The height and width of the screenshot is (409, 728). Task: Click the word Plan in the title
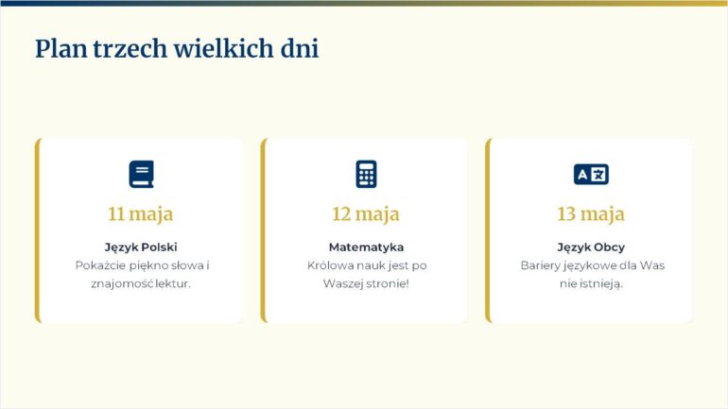(x=61, y=49)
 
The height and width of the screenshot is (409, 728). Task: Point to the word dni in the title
(x=300, y=48)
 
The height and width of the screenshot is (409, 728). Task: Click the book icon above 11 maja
(x=141, y=174)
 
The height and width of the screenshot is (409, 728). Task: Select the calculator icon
(x=366, y=174)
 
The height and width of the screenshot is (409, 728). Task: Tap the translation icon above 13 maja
(x=591, y=174)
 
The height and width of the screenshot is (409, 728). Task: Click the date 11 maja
(x=140, y=213)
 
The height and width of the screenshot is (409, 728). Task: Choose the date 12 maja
(x=365, y=213)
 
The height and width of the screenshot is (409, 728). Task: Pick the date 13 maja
(x=591, y=213)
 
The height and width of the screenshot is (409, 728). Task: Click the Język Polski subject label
(x=141, y=247)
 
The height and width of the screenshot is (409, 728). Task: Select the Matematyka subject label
(x=366, y=247)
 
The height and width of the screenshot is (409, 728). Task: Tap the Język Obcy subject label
(x=591, y=247)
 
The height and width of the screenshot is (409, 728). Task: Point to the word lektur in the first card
(x=172, y=283)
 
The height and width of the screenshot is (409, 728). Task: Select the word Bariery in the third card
(x=540, y=265)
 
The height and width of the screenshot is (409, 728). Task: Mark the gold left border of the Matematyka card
(x=264, y=230)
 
